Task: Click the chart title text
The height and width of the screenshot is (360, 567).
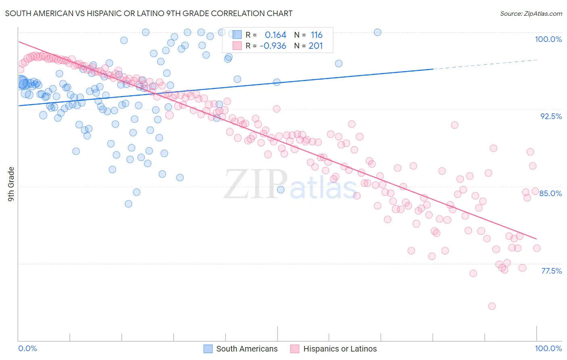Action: click(149, 13)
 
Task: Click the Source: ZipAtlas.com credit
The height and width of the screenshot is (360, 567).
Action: click(531, 13)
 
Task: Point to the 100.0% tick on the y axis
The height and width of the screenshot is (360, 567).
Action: click(548, 39)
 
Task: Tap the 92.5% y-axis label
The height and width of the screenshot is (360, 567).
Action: click(551, 116)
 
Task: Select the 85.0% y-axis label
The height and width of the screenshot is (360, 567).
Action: click(550, 193)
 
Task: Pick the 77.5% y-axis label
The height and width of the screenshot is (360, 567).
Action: click(551, 271)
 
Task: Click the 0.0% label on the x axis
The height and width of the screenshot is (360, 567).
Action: click(27, 348)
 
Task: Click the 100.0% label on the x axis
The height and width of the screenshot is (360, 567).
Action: click(548, 348)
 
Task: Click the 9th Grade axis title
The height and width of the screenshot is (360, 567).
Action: click(11, 184)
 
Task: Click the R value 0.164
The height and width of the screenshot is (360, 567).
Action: click(275, 35)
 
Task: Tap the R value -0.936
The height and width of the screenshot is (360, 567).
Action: click(273, 46)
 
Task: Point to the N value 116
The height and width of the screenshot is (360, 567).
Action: click(317, 35)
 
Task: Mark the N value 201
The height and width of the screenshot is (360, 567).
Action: click(316, 46)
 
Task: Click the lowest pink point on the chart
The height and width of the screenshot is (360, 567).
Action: click(492, 306)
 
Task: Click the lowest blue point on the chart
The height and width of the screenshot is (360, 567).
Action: click(128, 204)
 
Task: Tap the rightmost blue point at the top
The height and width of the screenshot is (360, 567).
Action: click(377, 32)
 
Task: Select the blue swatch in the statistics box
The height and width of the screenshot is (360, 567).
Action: click(237, 35)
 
